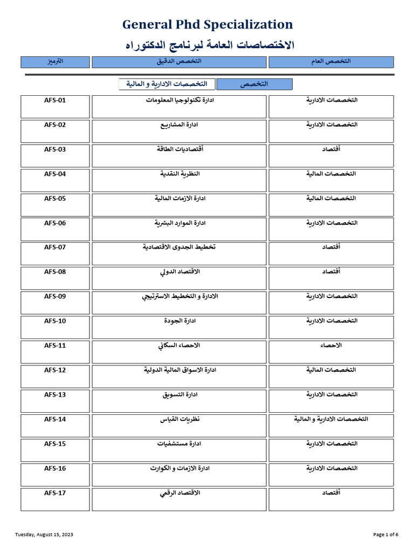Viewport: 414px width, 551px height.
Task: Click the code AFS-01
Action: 55,100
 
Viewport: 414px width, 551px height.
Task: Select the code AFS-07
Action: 55,247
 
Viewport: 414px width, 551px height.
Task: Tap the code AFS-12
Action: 55,370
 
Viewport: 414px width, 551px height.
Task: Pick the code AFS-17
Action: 55,493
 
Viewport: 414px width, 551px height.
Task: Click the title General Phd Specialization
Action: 208,24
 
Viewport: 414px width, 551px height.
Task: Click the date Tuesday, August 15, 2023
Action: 44,534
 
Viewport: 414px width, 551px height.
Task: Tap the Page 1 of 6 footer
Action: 385,534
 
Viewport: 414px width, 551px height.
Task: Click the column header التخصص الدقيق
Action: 179,62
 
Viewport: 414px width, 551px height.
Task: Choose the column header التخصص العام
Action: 332,62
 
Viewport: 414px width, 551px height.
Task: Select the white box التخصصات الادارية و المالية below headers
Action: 167,84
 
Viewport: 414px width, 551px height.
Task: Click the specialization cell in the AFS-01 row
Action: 180,101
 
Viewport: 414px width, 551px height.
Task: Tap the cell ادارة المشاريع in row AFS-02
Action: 180,125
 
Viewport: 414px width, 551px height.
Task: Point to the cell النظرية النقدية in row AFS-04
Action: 180,174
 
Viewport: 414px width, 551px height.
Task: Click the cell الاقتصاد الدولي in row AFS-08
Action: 180,272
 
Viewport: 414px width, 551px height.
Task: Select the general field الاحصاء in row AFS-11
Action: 332,345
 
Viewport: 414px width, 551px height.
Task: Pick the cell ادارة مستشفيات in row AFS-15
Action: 180,444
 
